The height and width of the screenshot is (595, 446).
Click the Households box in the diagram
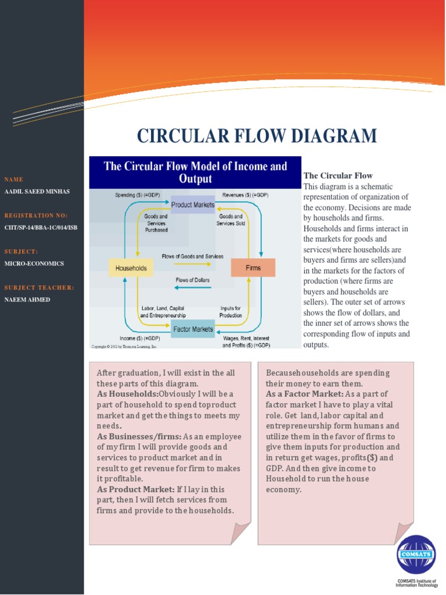tap(131, 268)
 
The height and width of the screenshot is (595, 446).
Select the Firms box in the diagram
tap(253, 268)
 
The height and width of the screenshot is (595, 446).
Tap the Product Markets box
tap(193, 205)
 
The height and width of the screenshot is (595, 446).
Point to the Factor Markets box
tap(193, 329)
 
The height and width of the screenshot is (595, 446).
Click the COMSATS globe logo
tap(416, 554)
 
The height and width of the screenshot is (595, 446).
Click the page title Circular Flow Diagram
tap(257, 136)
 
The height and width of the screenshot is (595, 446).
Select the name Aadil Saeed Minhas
tap(37, 191)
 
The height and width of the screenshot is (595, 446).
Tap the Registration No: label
tap(36, 216)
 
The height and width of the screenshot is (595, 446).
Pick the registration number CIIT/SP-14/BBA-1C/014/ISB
tap(41, 227)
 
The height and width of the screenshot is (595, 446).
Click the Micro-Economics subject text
tap(34, 263)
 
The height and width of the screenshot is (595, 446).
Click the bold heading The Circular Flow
tap(338, 175)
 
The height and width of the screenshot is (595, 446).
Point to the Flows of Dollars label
tap(193, 280)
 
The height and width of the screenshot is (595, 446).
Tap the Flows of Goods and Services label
tap(192, 256)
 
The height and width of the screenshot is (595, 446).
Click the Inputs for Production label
tap(231, 311)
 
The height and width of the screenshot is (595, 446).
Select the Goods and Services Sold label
tap(230, 220)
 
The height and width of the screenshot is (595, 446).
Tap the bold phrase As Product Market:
tap(132, 489)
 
